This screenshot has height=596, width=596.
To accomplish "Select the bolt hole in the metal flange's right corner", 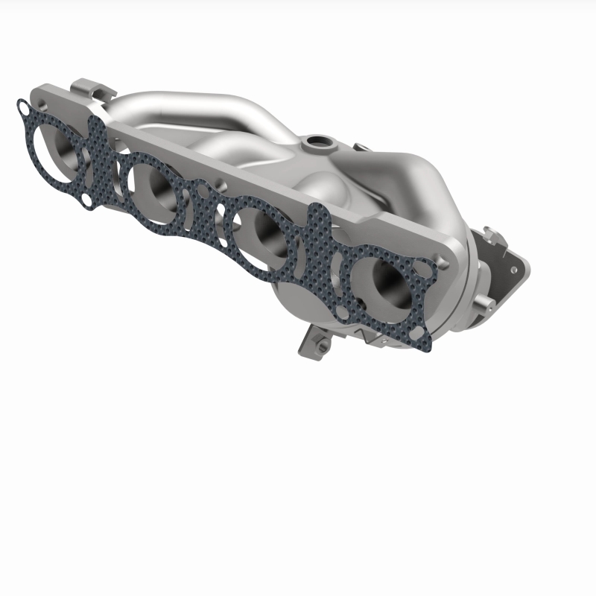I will point(446,261).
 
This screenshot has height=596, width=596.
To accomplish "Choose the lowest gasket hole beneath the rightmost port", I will point(422,345).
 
